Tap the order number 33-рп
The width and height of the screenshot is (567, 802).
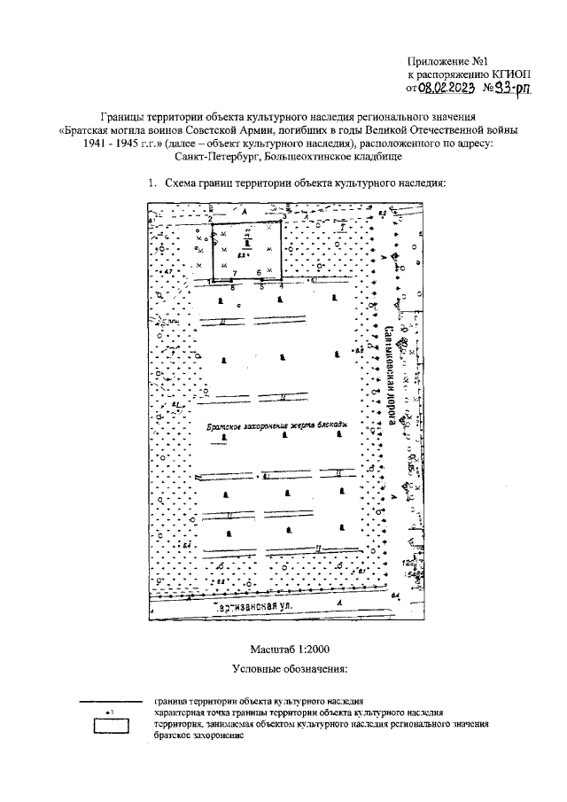point(511,89)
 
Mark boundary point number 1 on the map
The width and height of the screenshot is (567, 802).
point(211,281)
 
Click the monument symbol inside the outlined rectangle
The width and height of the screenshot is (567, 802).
point(247,240)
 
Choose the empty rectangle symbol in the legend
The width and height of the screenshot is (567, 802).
point(111,727)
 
